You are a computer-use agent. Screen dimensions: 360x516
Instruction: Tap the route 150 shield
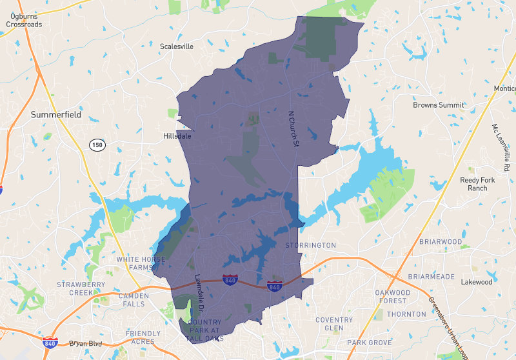click(x=97, y=145)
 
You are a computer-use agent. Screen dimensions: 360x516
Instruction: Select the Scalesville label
click(x=177, y=46)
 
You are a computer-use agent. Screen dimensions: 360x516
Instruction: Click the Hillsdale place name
click(x=177, y=137)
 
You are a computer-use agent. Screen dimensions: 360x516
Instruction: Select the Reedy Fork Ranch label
click(x=477, y=184)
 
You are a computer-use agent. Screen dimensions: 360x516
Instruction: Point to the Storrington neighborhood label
click(x=310, y=245)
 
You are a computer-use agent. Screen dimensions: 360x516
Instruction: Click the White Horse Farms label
click(x=137, y=263)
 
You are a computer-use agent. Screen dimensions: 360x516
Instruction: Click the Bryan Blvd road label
click(x=86, y=343)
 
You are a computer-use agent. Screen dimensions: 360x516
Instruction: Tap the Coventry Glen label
click(x=334, y=324)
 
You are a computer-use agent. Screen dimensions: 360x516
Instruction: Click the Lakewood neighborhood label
click(x=477, y=282)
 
